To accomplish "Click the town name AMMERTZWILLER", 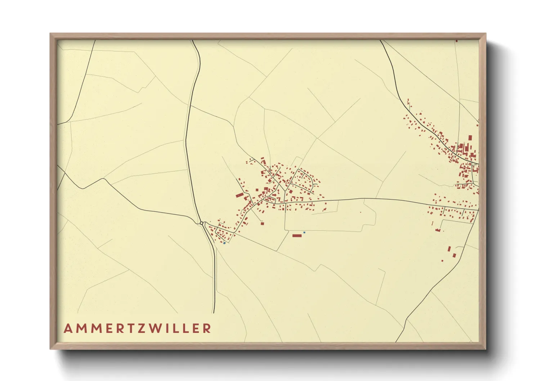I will [x=137, y=328].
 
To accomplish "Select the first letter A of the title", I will [x=68, y=328].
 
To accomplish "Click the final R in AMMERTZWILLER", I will [x=207, y=328].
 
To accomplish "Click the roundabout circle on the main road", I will [x=201, y=223].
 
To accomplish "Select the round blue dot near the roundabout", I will [x=224, y=243].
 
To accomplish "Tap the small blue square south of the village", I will [x=304, y=233].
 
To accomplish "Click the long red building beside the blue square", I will [x=297, y=236].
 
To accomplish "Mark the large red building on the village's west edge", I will [x=240, y=195].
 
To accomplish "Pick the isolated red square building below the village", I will [x=262, y=224].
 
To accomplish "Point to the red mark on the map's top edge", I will [x=457, y=41].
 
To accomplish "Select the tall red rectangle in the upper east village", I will [x=470, y=139].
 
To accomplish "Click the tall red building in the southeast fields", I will [x=449, y=249].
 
